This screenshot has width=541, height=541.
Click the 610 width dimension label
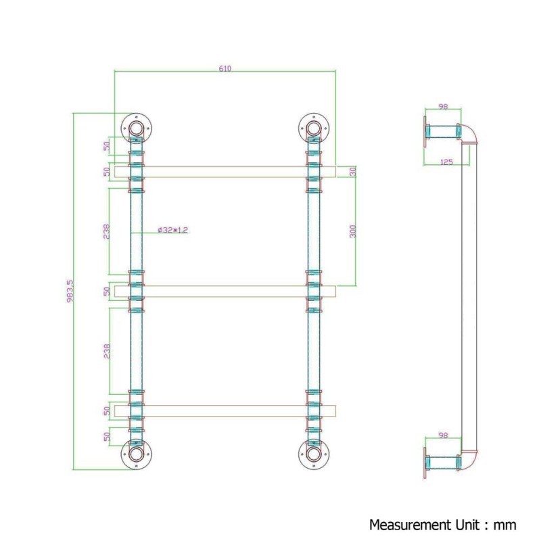pyautogui.click(x=225, y=68)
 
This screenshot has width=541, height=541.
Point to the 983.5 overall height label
pyautogui.click(x=70, y=291)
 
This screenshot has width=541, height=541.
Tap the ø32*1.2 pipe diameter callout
pyautogui.click(x=172, y=230)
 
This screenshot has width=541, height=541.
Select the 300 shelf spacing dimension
pyautogui.click(x=352, y=231)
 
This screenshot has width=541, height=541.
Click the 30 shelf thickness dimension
pyautogui.click(x=352, y=172)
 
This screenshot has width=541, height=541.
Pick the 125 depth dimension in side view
pyautogui.click(x=446, y=162)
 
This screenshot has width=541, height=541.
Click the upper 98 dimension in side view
pyautogui.click(x=443, y=106)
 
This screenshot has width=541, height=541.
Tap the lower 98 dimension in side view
pyautogui.click(x=443, y=436)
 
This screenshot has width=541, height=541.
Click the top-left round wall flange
pyautogui.click(x=137, y=128)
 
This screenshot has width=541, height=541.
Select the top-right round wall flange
pyautogui.click(x=314, y=128)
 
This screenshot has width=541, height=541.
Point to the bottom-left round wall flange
pyautogui.click(x=137, y=454)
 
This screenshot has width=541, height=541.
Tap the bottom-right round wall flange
pyautogui.click(x=314, y=454)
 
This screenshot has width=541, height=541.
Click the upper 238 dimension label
pyautogui.click(x=107, y=231)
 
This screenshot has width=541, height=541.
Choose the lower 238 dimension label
pyautogui.click(x=107, y=351)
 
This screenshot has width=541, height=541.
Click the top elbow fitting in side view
pyautogui.click(x=467, y=133)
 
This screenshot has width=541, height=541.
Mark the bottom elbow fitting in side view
pyautogui.click(x=467, y=461)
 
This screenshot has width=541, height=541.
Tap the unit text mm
pyautogui.click(x=505, y=526)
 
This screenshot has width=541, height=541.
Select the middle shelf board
pyautogui.click(x=225, y=291)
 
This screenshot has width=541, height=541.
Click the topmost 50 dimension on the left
pyautogui.click(x=107, y=146)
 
